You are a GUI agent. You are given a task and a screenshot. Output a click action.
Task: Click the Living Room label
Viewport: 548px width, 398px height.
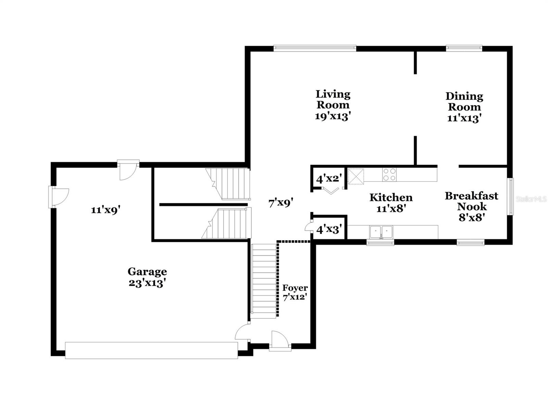coord(333,99)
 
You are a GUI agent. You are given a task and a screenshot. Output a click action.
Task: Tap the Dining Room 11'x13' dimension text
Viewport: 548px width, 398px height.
coord(464,118)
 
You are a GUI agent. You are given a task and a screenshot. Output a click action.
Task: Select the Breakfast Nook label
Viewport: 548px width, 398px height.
coord(472,201)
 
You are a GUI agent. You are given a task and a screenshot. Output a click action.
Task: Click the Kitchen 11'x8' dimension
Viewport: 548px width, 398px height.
coord(391,208)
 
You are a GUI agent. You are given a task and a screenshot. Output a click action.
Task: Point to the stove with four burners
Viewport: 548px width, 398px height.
coord(389,175)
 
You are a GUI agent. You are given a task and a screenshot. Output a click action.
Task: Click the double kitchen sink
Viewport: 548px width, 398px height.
coord(381,232)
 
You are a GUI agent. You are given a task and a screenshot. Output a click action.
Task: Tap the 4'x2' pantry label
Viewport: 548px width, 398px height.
coord(329,179)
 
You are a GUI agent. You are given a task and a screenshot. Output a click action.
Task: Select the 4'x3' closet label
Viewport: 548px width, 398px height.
coord(329,229)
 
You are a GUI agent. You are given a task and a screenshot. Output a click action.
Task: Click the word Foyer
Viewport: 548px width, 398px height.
coord(295,288)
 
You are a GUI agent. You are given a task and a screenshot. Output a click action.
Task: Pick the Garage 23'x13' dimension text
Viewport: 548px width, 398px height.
coord(147,283)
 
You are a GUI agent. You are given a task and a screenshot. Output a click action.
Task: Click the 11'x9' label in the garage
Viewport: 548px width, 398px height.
coord(105,210)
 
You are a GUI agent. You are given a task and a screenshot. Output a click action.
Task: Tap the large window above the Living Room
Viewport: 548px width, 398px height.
coord(315,48)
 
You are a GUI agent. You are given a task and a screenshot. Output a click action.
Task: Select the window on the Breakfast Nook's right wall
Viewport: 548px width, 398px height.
coord(510,196)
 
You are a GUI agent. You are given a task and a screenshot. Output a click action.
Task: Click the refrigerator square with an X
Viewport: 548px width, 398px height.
coord(356,176)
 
